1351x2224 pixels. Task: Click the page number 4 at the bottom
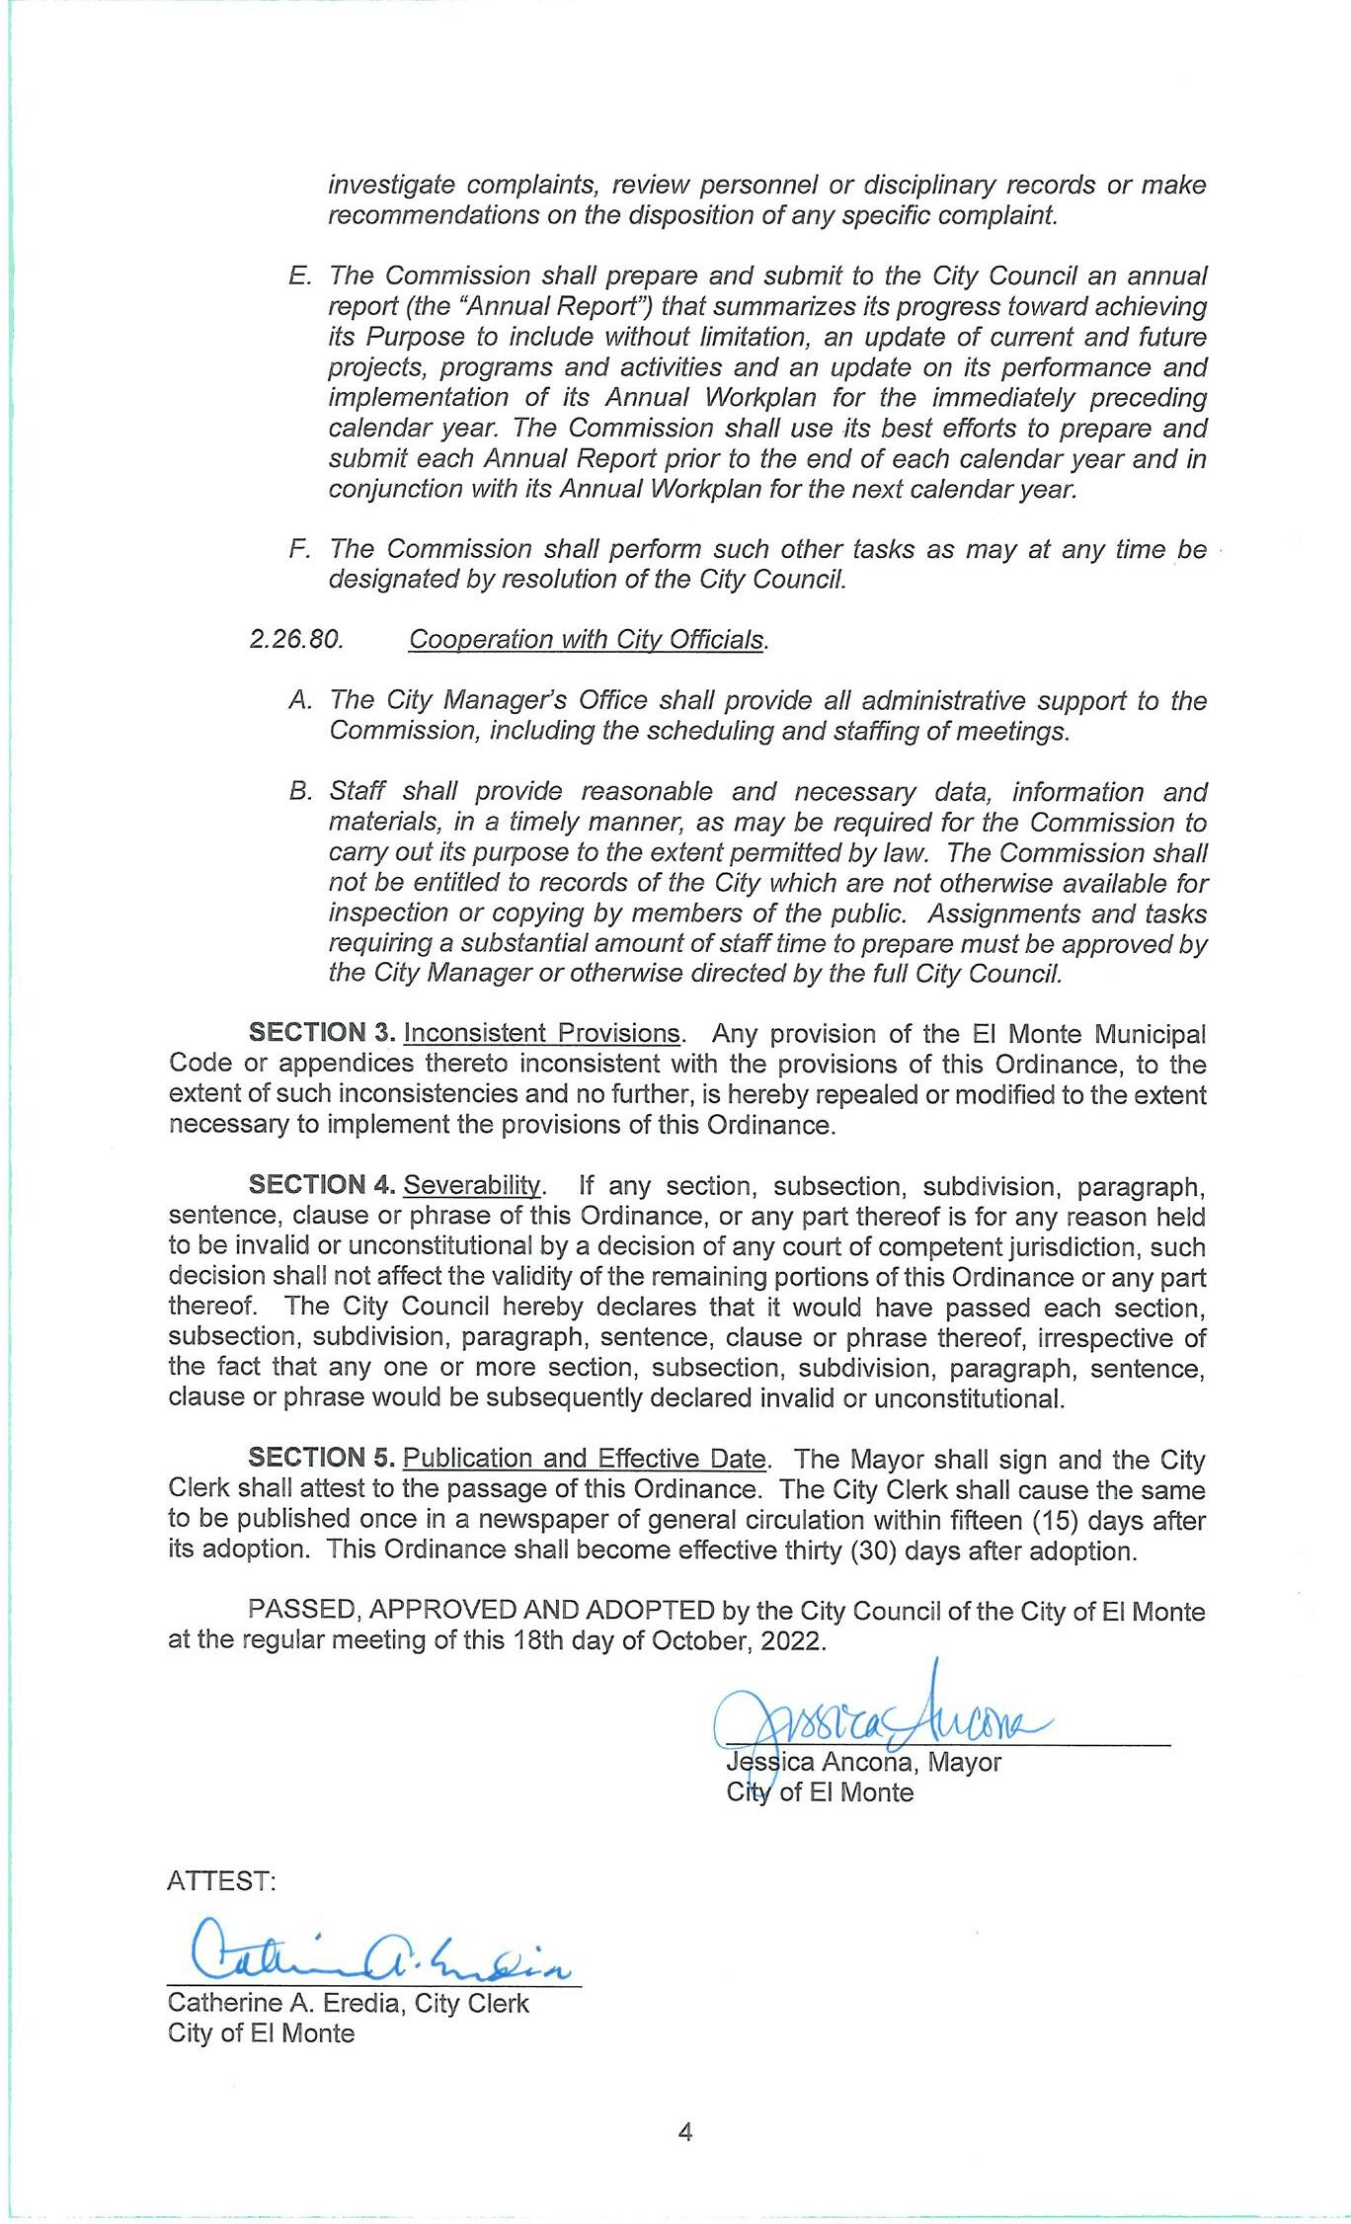(685, 2131)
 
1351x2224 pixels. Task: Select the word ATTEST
(221, 1880)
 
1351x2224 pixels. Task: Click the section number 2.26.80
(296, 639)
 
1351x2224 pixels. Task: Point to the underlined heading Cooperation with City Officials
(587, 639)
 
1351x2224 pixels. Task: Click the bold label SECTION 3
(322, 1033)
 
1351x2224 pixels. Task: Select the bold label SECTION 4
(322, 1184)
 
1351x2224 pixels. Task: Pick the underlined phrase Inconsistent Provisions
(542, 1033)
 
